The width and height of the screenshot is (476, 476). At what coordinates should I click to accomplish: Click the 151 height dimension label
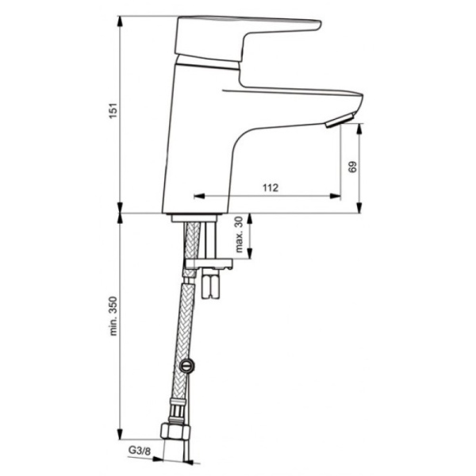pyautogui.click(x=113, y=111)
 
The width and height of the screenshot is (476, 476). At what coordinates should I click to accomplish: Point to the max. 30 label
pyautogui.click(x=240, y=234)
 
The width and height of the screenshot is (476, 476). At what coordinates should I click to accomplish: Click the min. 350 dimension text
pyautogui.click(x=113, y=316)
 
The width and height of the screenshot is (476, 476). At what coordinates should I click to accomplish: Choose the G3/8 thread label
pyautogui.click(x=140, y=451)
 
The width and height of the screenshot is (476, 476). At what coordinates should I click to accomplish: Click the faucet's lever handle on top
pyautogui.click(x=248, y=39)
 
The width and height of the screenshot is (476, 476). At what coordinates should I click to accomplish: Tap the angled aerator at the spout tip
pyautogui.click(x=340, y=121)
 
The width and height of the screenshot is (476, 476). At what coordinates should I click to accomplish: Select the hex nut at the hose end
pyautogui.click(x=175, y=432)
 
